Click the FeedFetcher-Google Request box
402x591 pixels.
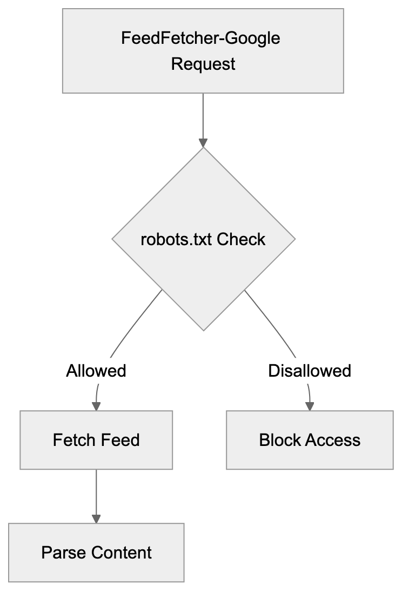pos(203,50)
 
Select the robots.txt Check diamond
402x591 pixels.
pos(203,239)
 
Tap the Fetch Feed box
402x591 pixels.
pos(96,440)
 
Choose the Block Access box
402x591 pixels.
pos(310,440)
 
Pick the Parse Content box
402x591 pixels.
pos(96,553)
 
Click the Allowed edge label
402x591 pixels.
pos(96,371)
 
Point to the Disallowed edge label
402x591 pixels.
pos(310,371)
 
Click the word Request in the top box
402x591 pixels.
pos(203,64)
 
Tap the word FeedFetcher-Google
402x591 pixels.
pos(201,38)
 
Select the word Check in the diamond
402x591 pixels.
pos(242,239)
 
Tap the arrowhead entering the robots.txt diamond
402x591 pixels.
pos(203,143)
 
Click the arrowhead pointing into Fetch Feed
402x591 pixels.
pos(97,406)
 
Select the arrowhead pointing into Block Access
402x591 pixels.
pos(310,406)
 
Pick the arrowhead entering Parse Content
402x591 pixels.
pos(96,518)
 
